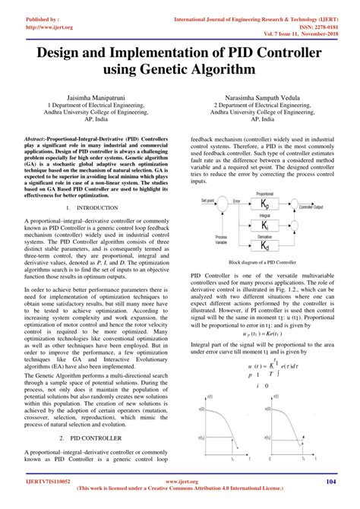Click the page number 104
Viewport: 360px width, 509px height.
(x=330, y=482)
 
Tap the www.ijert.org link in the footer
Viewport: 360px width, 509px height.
(x=180, y=482)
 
